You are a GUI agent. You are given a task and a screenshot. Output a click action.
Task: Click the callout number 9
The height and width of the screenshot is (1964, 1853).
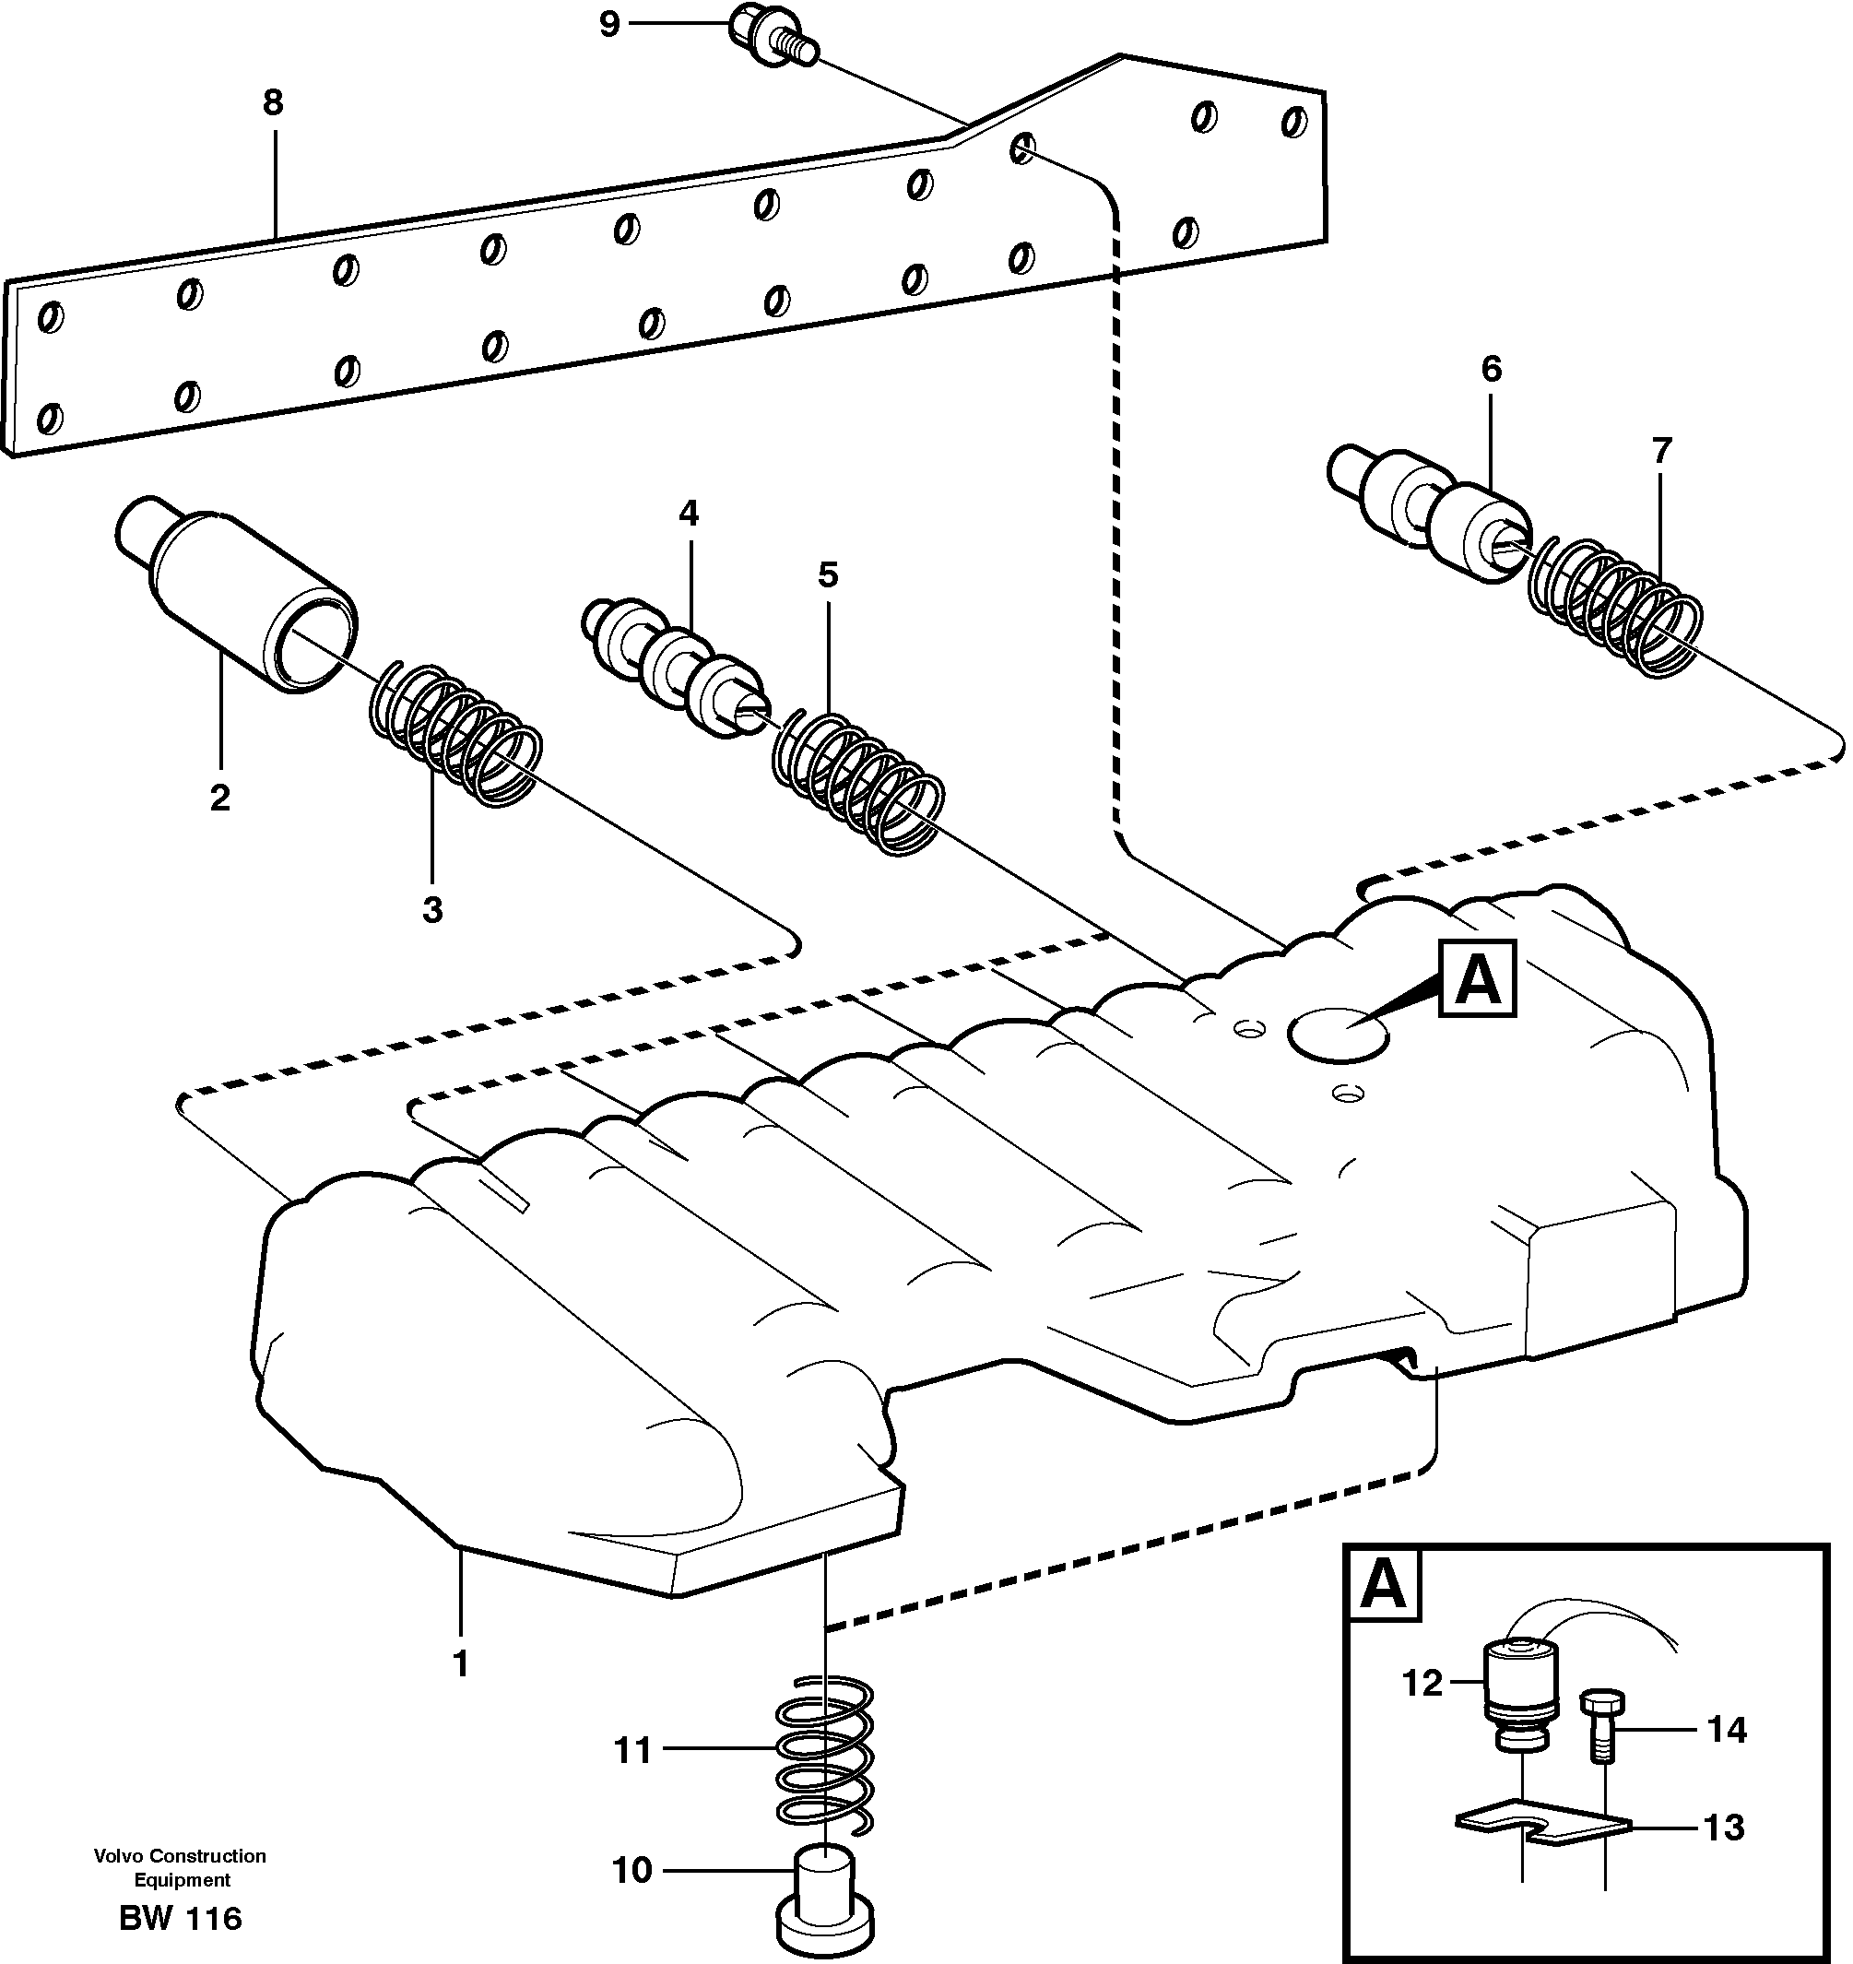pos(609,24)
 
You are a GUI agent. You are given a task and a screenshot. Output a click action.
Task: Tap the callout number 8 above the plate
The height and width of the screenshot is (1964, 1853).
pos(273,101)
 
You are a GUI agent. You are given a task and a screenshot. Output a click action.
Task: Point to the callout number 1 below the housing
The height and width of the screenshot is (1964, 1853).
pos(460,1664)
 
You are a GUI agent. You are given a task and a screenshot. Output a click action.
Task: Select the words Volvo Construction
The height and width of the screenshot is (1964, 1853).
pos(180,1856)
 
